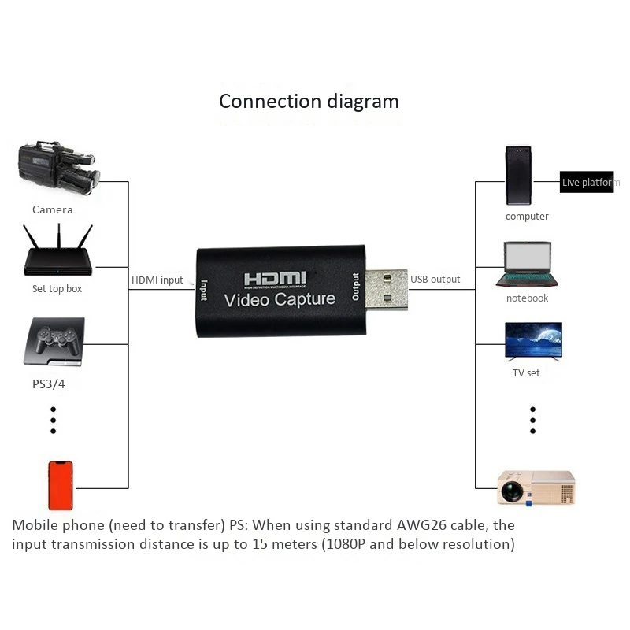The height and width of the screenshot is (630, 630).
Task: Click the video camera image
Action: (58, 169)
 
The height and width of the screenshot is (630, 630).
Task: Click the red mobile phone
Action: (61, 486)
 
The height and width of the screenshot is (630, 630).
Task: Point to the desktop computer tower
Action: (518, 176)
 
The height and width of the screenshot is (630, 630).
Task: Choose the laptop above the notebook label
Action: (527, 265)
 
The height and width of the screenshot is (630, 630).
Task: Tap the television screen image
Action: (533, 341)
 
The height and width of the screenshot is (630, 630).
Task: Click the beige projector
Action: (536, 487)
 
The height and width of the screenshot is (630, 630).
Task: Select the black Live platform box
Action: (587, 182)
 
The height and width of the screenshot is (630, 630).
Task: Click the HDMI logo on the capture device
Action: (275, 280)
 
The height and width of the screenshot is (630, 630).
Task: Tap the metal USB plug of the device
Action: (387, 290)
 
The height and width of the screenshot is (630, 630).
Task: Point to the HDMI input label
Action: (157, 280)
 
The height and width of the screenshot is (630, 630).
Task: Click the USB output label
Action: (435, 280)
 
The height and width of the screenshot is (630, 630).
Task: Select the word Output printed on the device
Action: (356, 287)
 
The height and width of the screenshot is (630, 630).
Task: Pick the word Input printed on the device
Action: (204, 290)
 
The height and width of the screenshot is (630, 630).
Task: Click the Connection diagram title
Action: (309, 102)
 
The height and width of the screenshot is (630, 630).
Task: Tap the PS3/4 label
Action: (49, 384)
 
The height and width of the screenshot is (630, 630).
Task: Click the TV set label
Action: (526, 372)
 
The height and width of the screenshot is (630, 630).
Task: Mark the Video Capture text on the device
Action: (280, 300)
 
